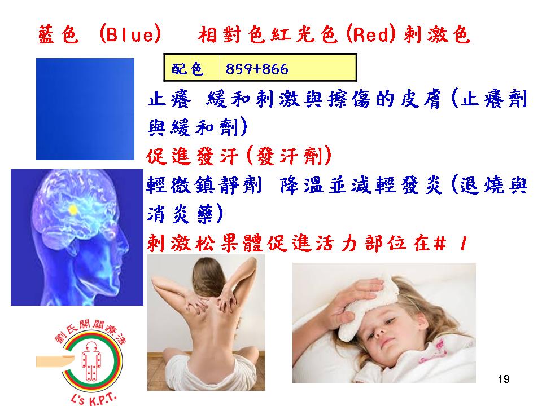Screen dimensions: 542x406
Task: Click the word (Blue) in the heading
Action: pos(130,35)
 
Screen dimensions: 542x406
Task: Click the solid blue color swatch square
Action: pos(85,109)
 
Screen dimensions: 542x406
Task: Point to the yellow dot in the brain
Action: pos(73,209)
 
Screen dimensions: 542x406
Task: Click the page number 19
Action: pos(504,379)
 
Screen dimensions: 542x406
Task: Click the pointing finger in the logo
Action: pos(55,361)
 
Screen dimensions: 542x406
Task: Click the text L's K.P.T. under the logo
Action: pos(93,399)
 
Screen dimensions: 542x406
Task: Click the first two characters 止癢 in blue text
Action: pos(169,99)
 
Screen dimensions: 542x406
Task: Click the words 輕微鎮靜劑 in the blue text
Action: pos(204,185)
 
